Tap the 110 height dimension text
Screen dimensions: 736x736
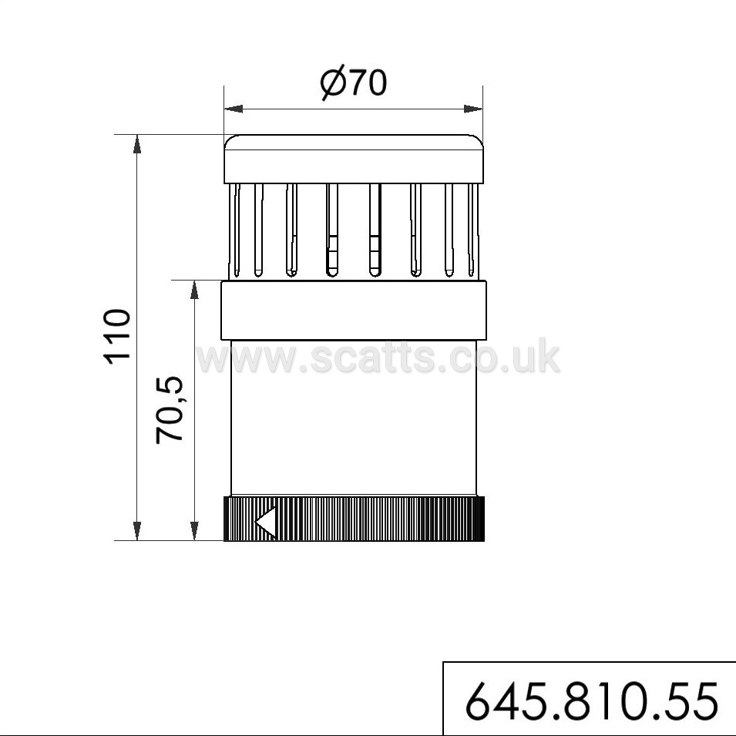(116, 337)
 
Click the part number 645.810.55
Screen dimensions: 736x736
(592, 702)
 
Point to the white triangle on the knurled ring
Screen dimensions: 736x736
(266, 522)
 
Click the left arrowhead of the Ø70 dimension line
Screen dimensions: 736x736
(234, 109)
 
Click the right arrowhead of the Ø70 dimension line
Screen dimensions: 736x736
(473, 109)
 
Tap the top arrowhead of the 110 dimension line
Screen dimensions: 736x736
(137, 144)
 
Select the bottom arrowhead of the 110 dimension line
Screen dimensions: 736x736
(137, 531)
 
